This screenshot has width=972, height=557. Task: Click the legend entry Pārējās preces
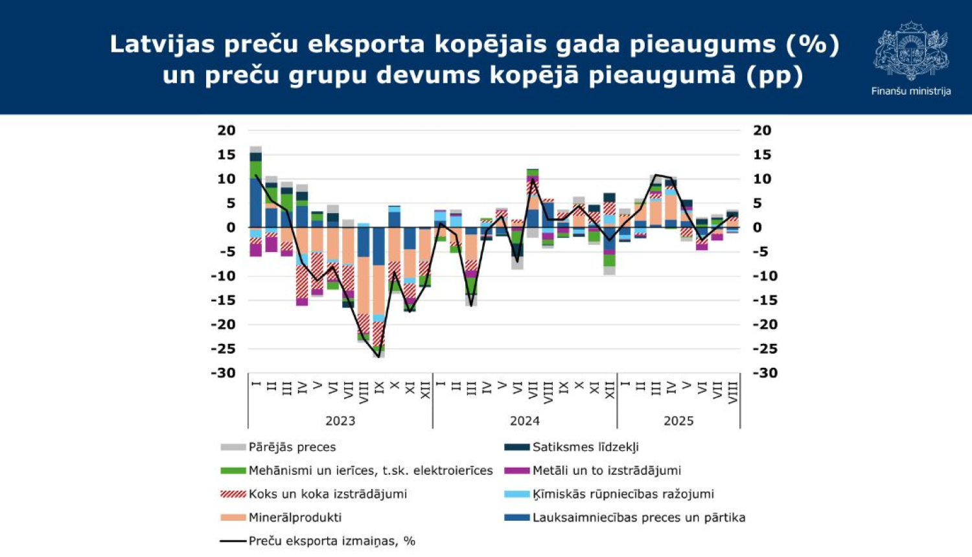click(292, 447)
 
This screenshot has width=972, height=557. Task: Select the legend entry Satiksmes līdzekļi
click(585, 447)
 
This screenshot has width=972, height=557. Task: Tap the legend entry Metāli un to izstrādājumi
click(606, 470)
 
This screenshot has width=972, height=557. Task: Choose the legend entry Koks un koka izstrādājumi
click(327, 494)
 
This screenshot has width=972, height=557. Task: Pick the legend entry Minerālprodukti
click(295, 517)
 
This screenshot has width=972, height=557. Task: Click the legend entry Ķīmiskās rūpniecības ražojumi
click(623, 494)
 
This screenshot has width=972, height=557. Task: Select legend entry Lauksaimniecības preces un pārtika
click(638, 517)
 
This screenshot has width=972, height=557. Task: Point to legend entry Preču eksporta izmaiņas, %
click(331, 541)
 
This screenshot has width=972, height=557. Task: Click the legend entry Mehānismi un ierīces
click(370, 470)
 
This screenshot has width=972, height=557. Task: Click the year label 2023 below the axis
click(340, 421)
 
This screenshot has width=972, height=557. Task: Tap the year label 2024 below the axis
click(525, 421)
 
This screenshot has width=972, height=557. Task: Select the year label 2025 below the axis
click(678, 421)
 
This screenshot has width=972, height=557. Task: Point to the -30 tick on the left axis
click(223, 373)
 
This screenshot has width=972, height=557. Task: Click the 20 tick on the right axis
click(762, 130)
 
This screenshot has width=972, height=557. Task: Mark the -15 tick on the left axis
click(223, 301)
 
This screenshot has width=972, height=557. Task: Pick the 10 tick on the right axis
click(762, 179)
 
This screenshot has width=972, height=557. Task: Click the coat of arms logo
click(910, 50)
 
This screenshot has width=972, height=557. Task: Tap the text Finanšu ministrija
click(910, 91)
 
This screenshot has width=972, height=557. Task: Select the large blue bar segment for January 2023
click(255, 203)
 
